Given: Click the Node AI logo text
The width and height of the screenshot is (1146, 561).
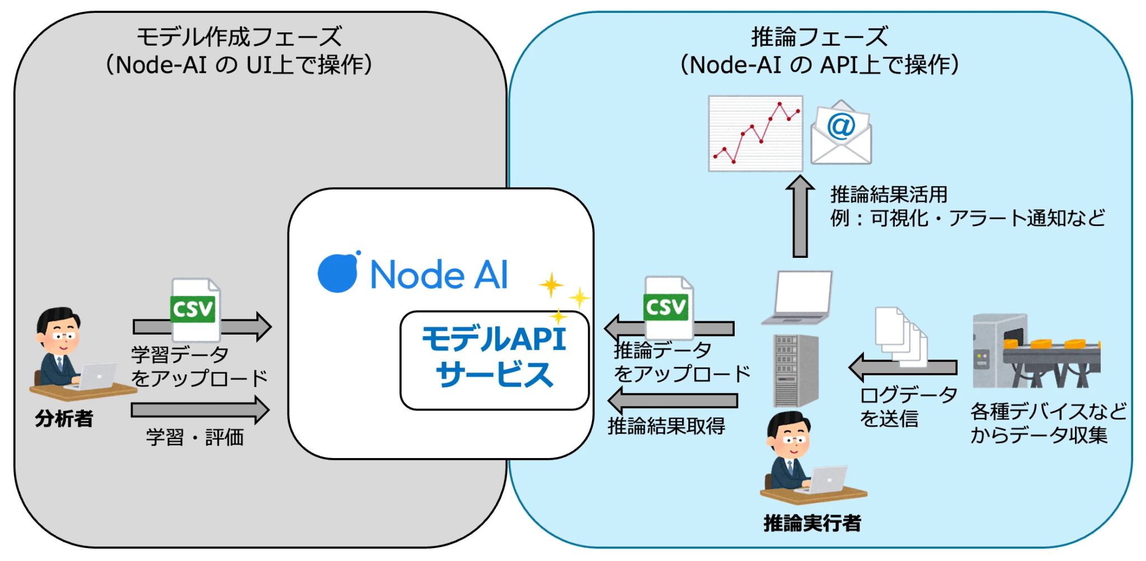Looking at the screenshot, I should click(x=439, y=275).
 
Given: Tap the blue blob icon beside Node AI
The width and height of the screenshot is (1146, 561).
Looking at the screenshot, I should click(x=338, y=272).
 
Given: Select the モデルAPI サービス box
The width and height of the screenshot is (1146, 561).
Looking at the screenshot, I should click(x=495, y=360).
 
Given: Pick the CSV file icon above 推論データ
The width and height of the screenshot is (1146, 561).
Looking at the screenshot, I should click(x=667, y=307).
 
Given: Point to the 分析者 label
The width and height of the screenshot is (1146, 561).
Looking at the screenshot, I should click(x=64, y=418).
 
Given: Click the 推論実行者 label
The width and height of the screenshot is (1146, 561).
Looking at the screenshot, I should click(x=812, y=523).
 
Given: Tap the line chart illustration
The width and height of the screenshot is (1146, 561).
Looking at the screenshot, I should click(x=755, y=133).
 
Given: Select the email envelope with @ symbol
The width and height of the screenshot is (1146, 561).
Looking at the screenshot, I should click(x=841, y=133).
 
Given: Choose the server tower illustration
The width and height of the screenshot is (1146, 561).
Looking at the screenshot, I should click(x=795, y=370).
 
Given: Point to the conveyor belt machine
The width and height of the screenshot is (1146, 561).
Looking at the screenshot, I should click(x=1036, y=351).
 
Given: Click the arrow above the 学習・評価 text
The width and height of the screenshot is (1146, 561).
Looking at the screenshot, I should click(x=200, y=410).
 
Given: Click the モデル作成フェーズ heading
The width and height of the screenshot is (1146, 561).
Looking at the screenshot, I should click(x=239, y=37).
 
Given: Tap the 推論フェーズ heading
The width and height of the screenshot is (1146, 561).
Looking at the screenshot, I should click(x=819, y=37).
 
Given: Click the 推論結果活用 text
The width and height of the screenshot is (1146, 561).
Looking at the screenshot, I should click(x=889, y=195).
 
